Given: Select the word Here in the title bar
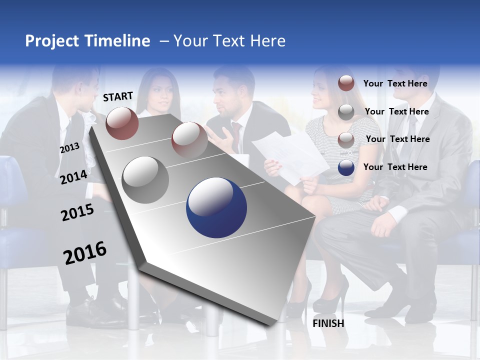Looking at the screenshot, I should point(267,41).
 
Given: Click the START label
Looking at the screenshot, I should point(118,96).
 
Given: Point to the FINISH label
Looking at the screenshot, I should point(328,323).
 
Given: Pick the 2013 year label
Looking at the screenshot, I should point(69,148).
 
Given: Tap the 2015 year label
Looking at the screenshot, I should point(77,212).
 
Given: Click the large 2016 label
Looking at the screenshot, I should point(85,253).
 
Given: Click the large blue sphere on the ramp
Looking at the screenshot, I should point(216,207).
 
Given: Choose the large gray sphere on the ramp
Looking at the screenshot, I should point(145,180).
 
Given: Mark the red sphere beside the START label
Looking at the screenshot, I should point(122,123).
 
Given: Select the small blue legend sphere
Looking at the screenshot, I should point(346,167).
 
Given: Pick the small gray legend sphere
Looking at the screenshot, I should point(346,112).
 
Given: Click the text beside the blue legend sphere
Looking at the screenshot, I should point(395,167).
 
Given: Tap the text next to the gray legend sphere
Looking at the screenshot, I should point(396,111).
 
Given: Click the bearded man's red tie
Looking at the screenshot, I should point(236,135).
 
